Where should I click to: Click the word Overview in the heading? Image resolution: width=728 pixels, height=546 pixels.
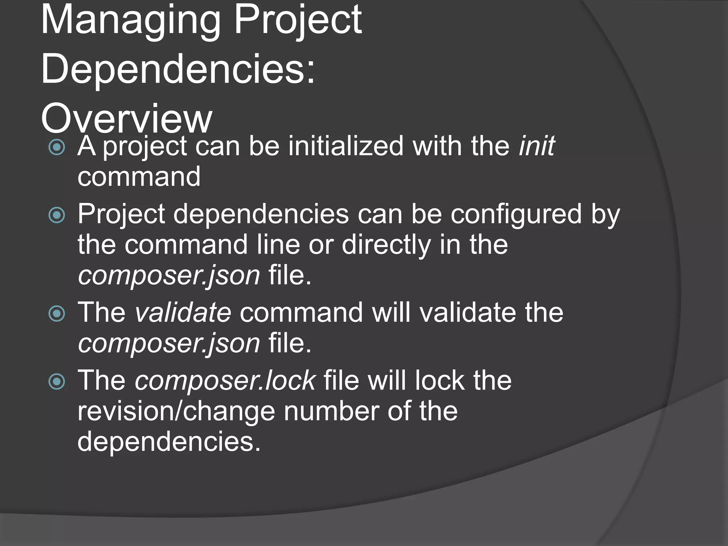click(127, 118)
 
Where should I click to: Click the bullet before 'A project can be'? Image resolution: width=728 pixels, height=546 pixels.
click(57, 147)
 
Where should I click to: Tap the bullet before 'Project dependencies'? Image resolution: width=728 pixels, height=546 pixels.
click(57, 215)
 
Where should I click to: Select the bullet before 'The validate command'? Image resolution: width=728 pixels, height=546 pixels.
click(57, 314)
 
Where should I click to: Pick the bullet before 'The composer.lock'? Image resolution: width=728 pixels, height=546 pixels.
click(57, 381)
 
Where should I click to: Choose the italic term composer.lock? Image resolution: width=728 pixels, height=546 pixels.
click(225, 380)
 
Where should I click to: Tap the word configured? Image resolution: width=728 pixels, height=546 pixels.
click(516, 215)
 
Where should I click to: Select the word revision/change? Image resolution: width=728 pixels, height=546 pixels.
click(176, 411)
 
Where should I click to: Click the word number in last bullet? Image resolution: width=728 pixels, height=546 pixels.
click(331, 411)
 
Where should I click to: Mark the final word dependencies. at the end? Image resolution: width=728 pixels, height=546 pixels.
click(169, 441)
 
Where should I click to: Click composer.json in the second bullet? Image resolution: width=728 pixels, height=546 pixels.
click(169, 276)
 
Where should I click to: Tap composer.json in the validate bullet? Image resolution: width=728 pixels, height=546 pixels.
click(169, 343)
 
